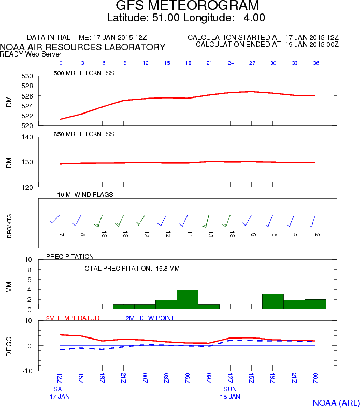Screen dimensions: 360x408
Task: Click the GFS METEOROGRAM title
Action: pyautogui.click(x=187, y=5)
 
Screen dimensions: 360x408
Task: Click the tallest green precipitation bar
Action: pyautogui.click(x=188, y=300)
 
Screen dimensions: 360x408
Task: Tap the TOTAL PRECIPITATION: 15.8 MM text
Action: pyautogui.click(x=130, y=269)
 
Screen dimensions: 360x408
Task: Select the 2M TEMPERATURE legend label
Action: pyautogui.click(x=75, y=318)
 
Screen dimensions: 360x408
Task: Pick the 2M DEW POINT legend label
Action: pyautogui.click(x=150, y=318)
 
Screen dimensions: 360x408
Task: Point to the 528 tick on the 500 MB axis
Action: pyautogui.click(x=27, y=86)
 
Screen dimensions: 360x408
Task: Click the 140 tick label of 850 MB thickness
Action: pyautogui.click(x=27, y=137)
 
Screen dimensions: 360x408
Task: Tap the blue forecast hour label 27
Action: pyautogui.click(x=252, y=63)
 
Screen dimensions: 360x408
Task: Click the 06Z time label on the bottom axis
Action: pyautogui.click(x=188, y=378)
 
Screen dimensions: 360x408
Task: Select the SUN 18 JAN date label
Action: pyautogui.click(x=230, y=392)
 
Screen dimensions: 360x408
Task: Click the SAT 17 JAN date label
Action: pyautogui.click(x=60, y=392)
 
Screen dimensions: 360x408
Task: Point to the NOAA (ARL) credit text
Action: pyautogui.click(x=336, y=403)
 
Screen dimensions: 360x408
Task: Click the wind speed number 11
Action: pyautogui.click(x=190, y=234)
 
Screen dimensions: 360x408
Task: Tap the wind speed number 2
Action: pyautogui.click(x=317, y=235)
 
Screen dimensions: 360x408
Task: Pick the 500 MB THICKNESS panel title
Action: pyautogui.click(x=84, y=73)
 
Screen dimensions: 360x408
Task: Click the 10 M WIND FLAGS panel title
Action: pyautogui.click(x=85, y=195)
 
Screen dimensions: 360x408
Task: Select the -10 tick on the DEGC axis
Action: pyautogui.click(x=27, y=371)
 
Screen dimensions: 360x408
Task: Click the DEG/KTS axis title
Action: pyautogui.click(x=9, y=226)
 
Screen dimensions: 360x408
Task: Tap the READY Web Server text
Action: pyautogui.click(x=31, y=54)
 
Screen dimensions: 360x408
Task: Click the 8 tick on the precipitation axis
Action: pyautogui.click(x=29, y=270)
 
